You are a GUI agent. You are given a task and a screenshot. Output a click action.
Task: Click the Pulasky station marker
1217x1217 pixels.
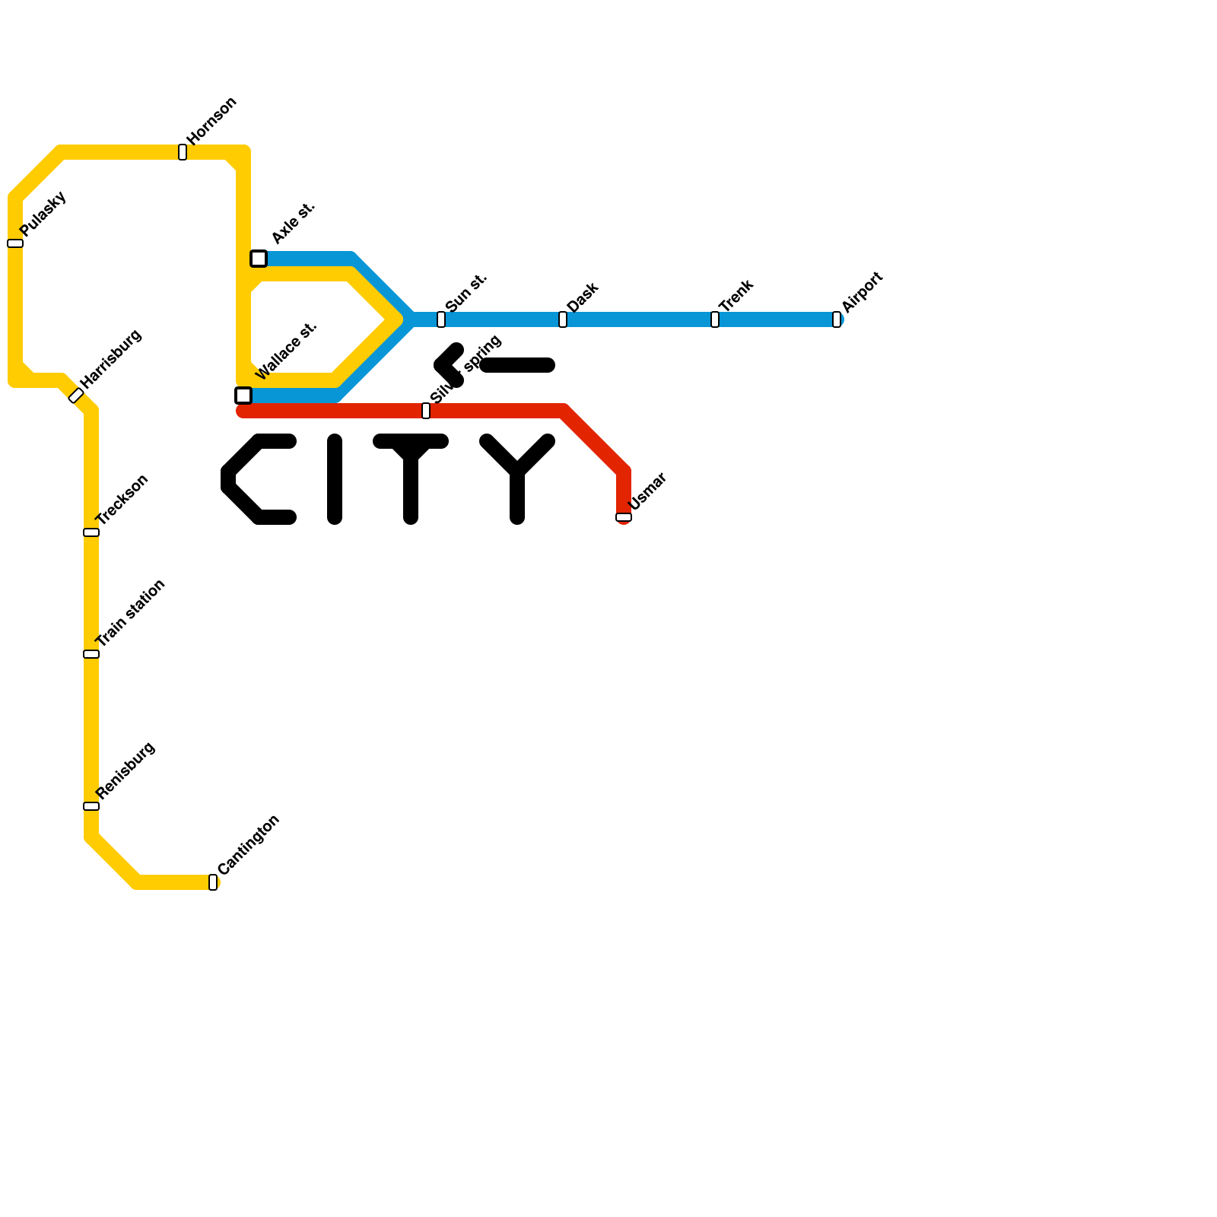tap(15, 243)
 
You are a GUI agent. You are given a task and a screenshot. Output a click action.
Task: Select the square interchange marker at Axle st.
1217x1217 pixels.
tap(259, 259)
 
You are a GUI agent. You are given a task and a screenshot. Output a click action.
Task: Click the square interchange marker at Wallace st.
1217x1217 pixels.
tap(243, 396)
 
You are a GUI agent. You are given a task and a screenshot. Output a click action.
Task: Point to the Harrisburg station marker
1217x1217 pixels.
tap(76, 396)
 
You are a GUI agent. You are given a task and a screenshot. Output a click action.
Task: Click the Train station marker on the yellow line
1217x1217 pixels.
tap(91, 654)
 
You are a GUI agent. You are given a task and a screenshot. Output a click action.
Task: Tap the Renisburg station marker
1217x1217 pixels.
tap(91, 806)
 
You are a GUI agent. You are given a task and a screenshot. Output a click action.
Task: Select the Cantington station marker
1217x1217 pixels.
tap(213, 882)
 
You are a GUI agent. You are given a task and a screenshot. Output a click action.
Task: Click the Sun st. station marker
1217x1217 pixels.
tap(441, 319)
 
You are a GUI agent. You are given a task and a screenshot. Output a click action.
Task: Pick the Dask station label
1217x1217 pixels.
tap(583, 297)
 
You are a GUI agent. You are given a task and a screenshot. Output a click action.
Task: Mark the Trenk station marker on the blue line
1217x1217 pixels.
tap(715, 319)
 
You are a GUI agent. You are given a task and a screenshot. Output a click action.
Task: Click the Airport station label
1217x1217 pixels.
tap(863, 291)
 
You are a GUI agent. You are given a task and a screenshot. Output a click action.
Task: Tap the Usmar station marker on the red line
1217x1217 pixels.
tap(624, 517)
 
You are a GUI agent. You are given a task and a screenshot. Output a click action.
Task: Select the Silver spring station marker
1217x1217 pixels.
tap(426, 411)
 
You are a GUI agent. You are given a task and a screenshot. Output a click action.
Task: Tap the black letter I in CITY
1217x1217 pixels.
tap(335, 479)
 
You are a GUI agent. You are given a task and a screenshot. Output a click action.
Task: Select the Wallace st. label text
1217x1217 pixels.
tap(286, 351)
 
